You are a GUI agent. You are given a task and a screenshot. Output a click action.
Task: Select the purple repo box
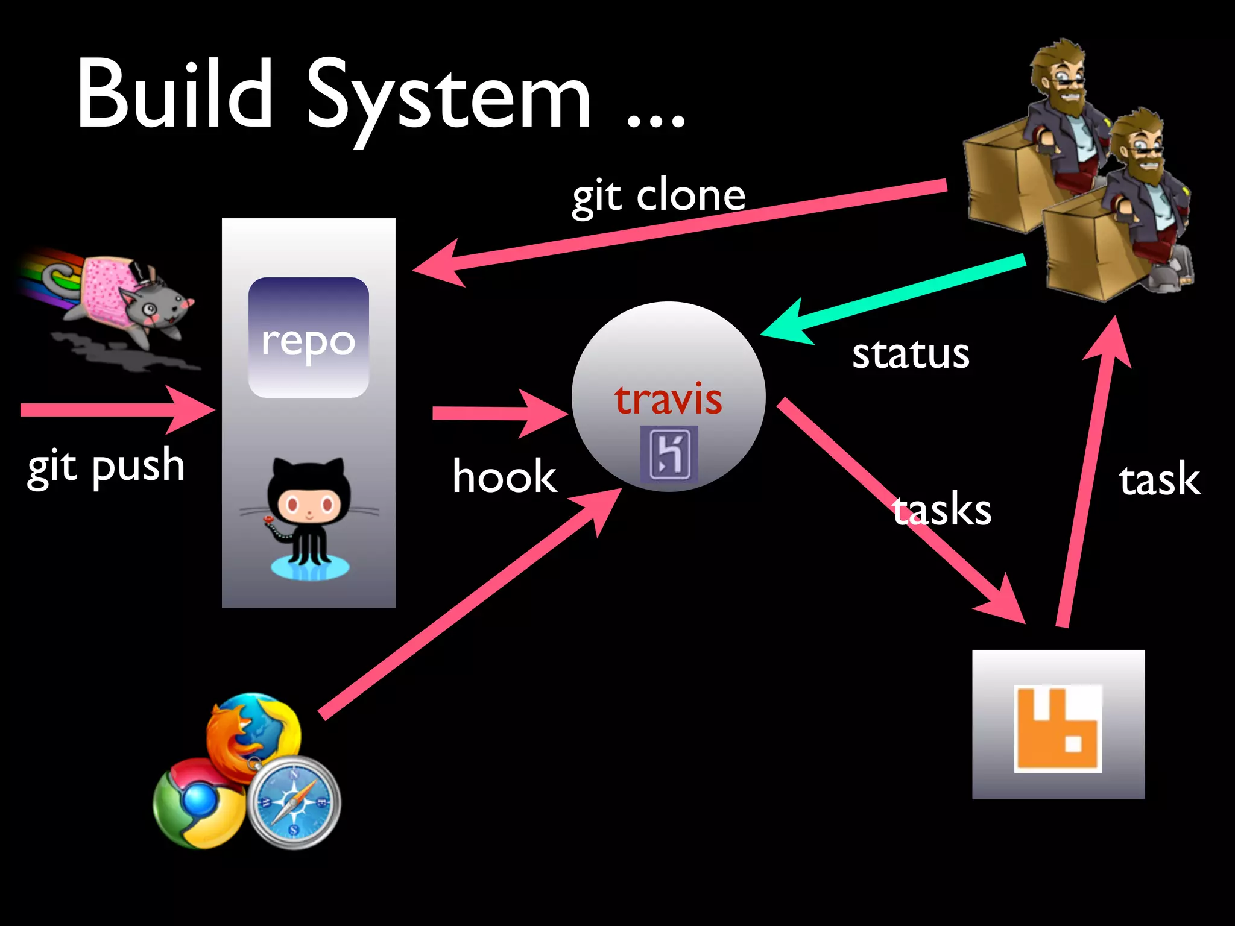[308, 338]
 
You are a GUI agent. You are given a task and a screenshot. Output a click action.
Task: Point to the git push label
[106, 467]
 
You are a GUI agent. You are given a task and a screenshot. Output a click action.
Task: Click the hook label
[504, 476]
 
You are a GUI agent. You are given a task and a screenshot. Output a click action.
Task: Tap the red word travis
[668, 399]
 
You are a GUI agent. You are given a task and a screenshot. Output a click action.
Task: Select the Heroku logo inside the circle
[669, 454]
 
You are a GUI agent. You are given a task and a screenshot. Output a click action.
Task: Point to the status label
[911, 354]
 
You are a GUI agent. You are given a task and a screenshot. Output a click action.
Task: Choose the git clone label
[659, 196]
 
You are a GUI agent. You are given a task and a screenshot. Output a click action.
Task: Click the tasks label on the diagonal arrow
[942, 510]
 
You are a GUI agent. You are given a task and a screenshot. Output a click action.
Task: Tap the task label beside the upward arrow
[1159, 480]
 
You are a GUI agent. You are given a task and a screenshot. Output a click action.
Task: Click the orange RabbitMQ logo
[1058, 728]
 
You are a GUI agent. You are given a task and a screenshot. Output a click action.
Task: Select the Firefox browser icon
[253, 732]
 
